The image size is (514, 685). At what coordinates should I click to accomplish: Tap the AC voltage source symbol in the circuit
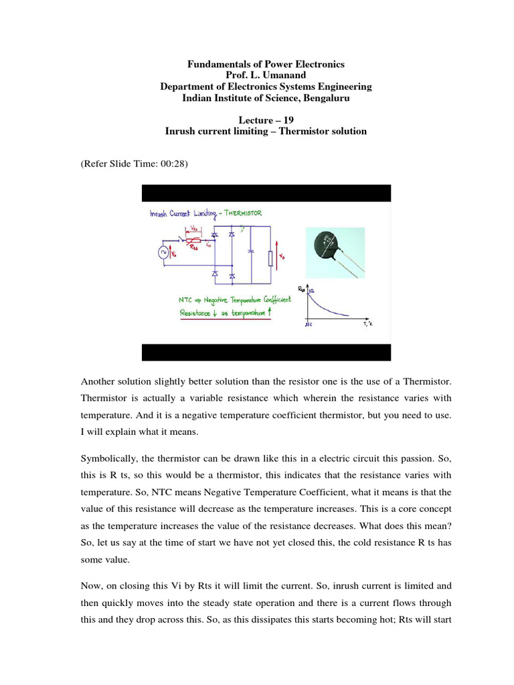(x=161, y=252)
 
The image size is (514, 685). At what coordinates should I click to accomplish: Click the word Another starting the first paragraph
(x=98, y=381)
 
